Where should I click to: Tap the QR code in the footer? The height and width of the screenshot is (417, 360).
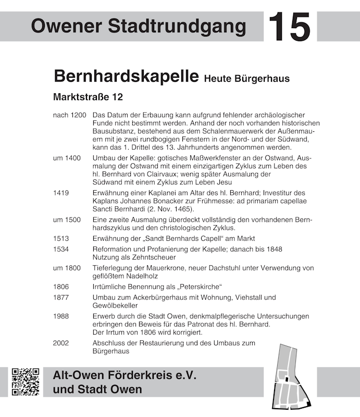pyautogui.click(x=26, y=382)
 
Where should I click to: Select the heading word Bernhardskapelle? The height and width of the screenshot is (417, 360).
pyautogui.click(x=126, y=76)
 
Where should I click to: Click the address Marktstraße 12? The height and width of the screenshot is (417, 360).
pyautogui.click(x=88, y=97)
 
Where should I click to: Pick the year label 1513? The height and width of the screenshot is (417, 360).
pyautogui.click(x=61, y=238)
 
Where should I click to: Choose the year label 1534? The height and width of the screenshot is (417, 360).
pyautogui.click(x=61, y=249)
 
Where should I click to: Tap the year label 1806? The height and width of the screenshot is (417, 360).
pyautogui.click(x=61, y=287)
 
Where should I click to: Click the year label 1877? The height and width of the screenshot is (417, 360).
pyautogui.click(x=61, y=298)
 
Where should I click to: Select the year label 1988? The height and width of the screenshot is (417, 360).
pyautogui.click(x=61, y=316)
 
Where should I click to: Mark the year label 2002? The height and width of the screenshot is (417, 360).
pyautogui.click(x=61, y=343)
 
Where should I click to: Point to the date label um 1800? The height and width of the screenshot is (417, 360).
pyautogui.click(x=67, y=268)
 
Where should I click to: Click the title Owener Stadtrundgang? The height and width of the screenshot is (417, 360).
pyautogui.click(x=138, y=25)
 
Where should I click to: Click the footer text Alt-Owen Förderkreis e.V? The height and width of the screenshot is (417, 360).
pyautogui.click(x=125, y=375)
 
